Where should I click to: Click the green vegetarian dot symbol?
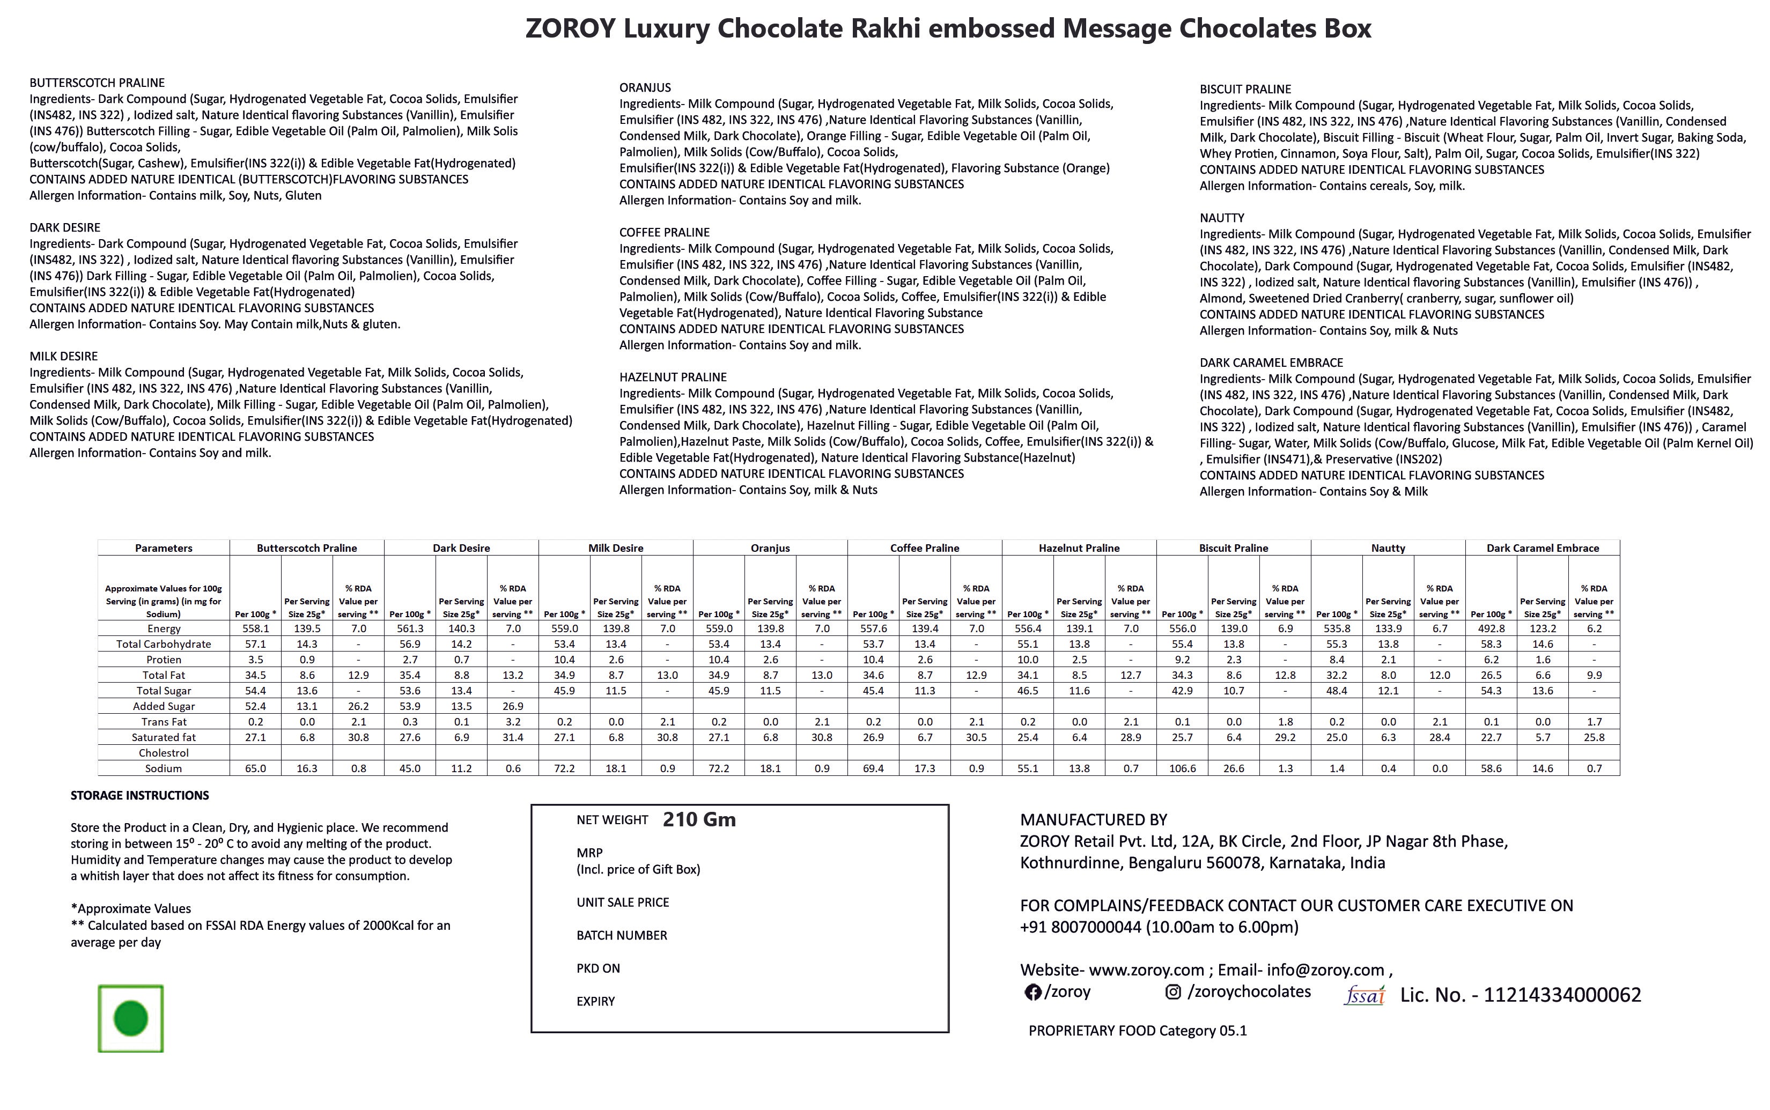coord(131,1019)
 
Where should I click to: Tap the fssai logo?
coord(1364,995)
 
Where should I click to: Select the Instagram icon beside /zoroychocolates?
coord(1173,992)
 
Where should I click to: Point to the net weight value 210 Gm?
coord(699,819)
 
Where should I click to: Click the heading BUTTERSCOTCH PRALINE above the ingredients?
coord(97,83)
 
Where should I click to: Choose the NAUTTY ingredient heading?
coord(1222,218)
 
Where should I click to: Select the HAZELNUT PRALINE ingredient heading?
coord(673,378)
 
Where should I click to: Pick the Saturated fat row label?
coord(164,738)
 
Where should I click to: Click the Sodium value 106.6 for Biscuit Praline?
coord(1182,768)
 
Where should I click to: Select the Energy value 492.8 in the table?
coord(1491,629)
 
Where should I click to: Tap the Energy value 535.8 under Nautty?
coord(1336,629)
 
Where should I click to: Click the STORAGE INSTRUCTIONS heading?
coord(139,796)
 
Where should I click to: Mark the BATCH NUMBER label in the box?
coord(622,935)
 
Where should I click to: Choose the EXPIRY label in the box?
coord(595,1001)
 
